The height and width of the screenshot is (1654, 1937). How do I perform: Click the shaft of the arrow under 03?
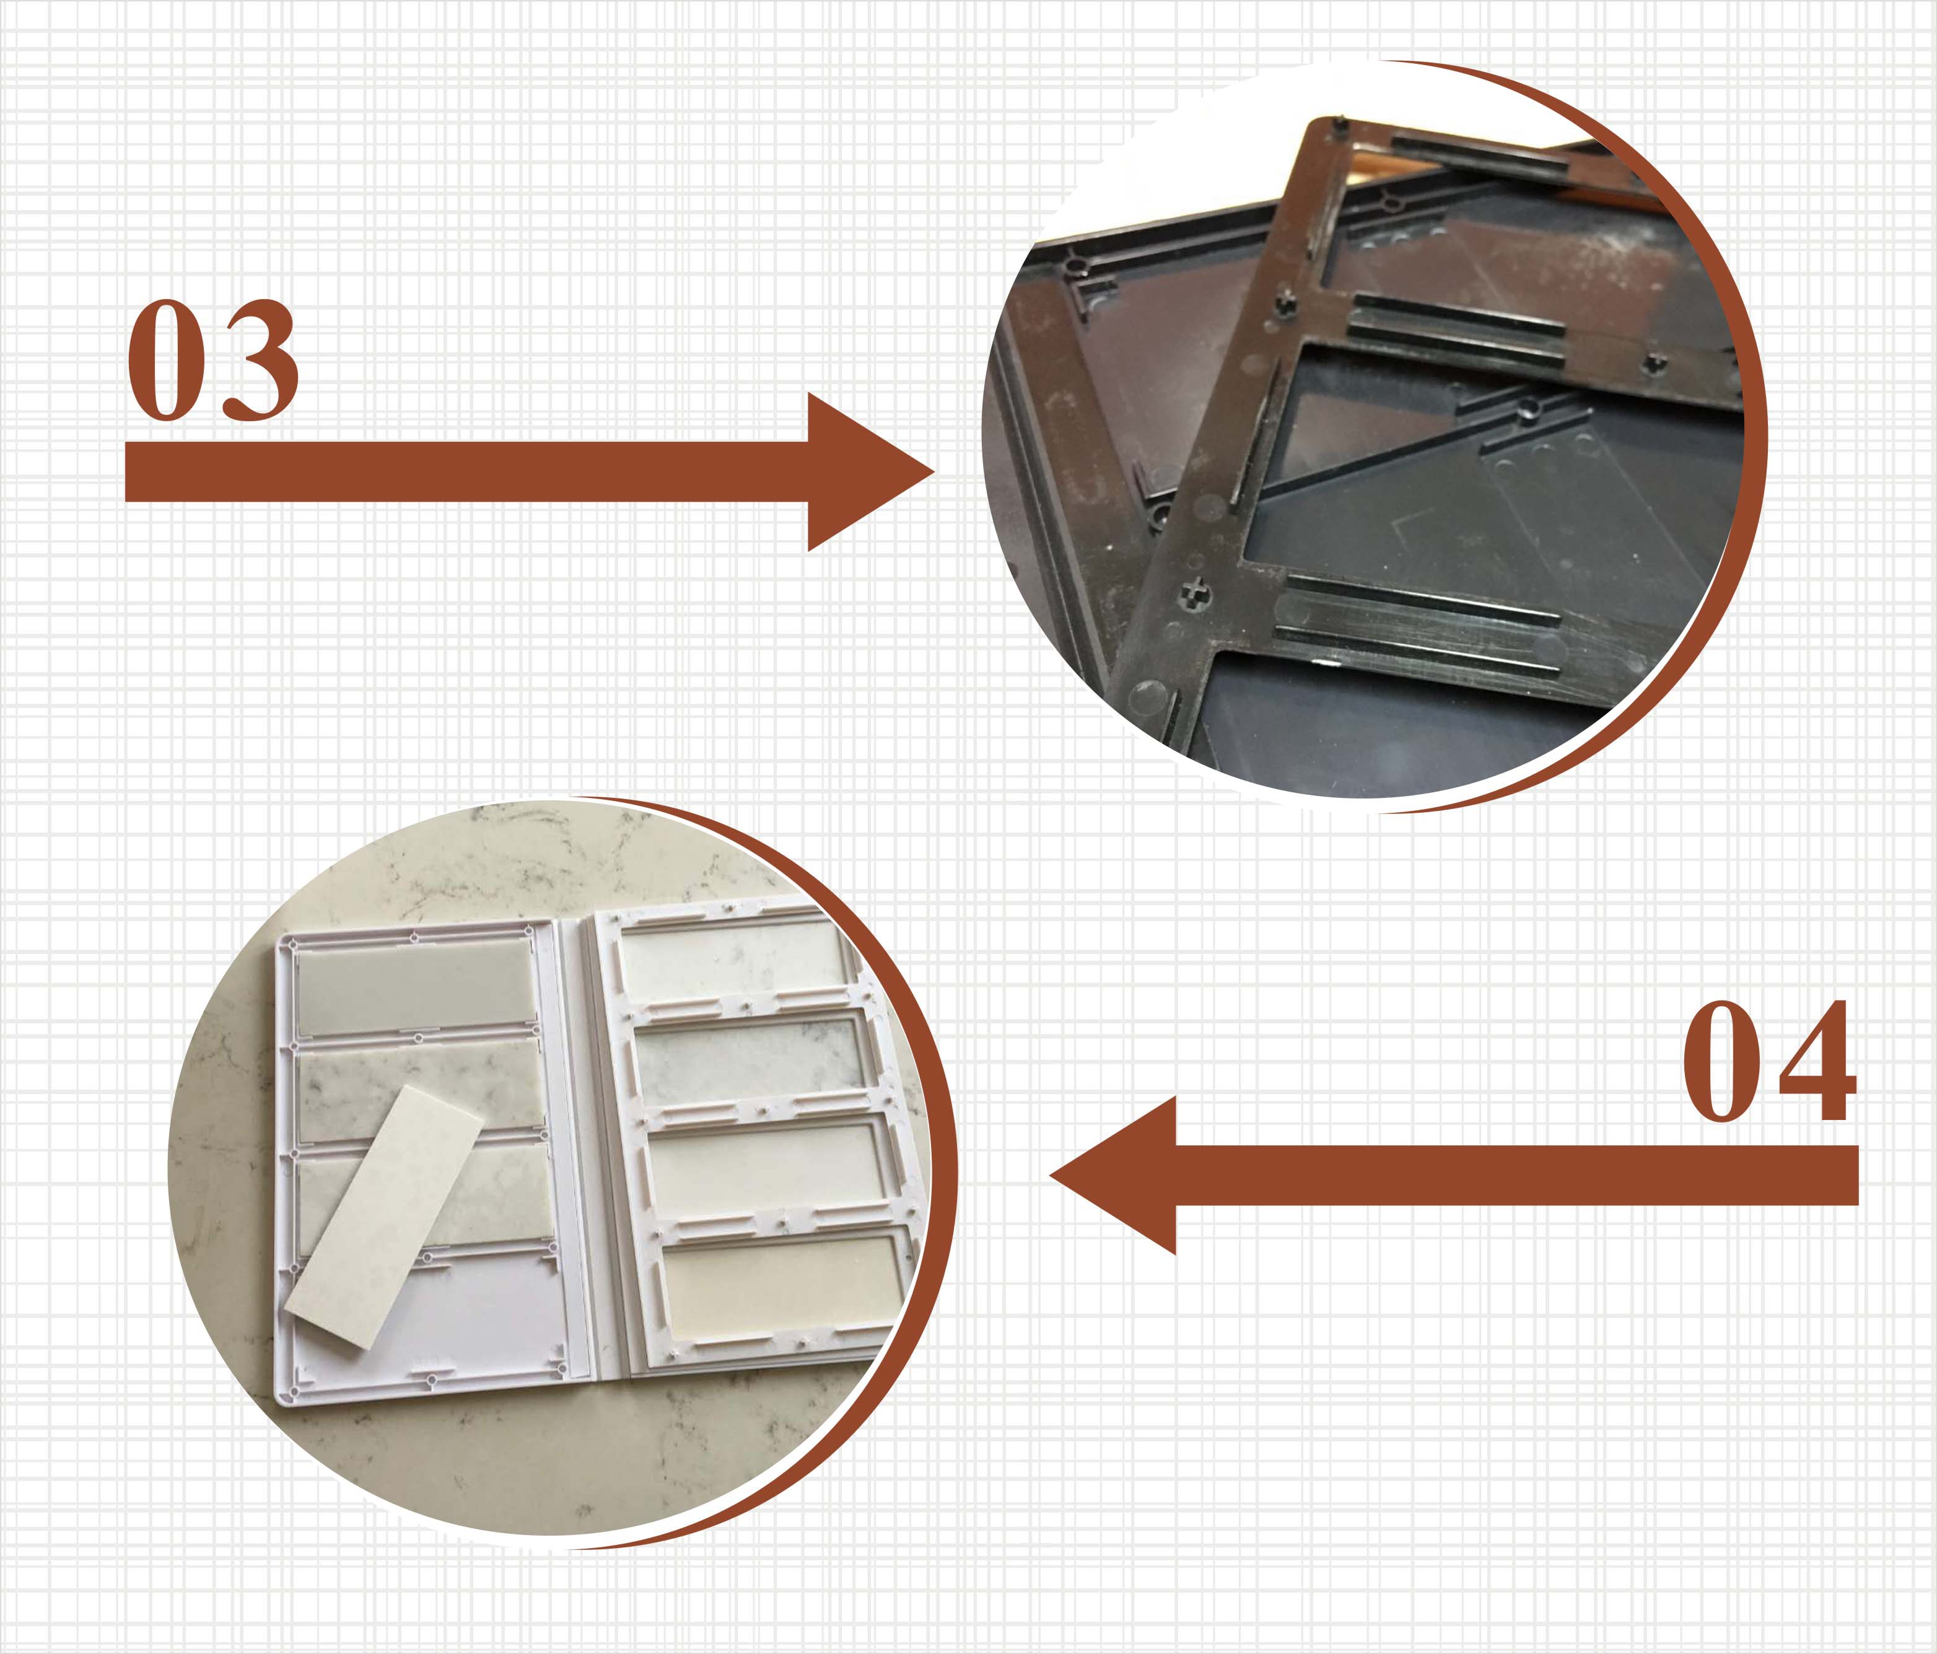tap(468, 471)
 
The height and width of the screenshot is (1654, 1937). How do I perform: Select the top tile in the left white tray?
tap(415, 990)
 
